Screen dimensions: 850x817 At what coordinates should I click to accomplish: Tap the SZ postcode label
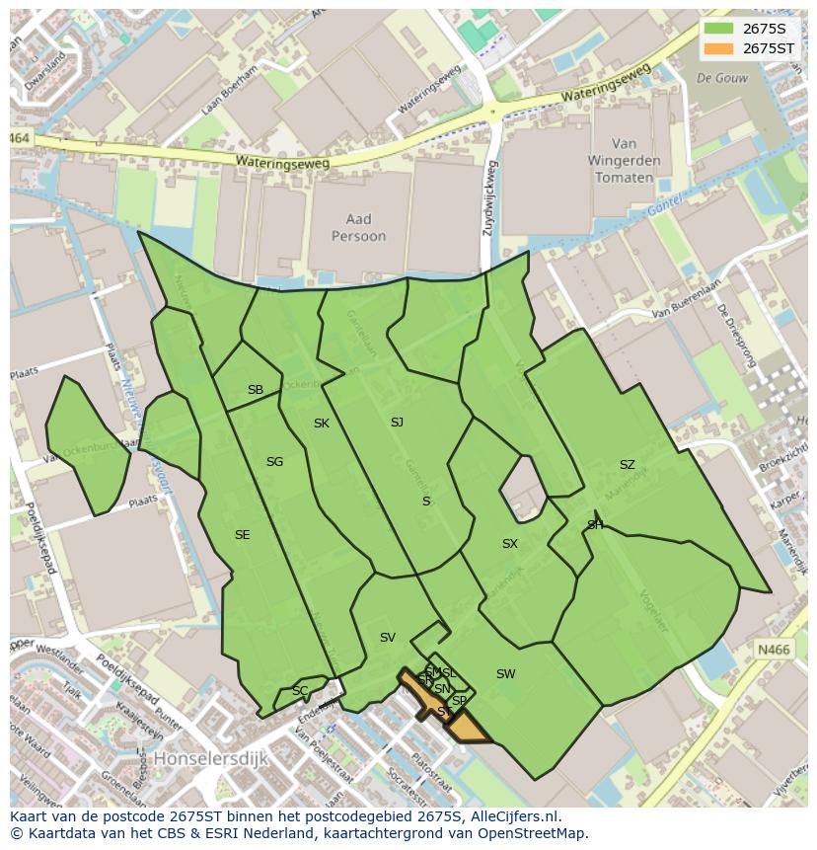coord(628,465)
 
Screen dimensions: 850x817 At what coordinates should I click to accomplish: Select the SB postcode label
coord(256,390)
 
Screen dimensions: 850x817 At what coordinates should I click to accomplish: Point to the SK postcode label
coord(322,424)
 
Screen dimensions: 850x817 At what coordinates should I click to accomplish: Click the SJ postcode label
coord(397,423)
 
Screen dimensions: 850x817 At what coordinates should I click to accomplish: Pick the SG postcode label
coord(274,462)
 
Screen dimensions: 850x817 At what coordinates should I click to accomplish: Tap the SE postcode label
coord(242,535)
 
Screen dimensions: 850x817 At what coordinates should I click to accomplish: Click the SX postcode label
coord(510,544)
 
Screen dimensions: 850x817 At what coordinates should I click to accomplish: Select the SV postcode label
coord(388,638)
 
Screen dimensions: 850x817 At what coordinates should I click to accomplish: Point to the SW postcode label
coord(505,674)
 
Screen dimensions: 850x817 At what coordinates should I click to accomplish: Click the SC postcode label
coord(300,691)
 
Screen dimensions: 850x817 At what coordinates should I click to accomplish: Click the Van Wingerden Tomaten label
coord(624,161)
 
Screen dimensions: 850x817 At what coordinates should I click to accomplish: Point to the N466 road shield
coord(774,650)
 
